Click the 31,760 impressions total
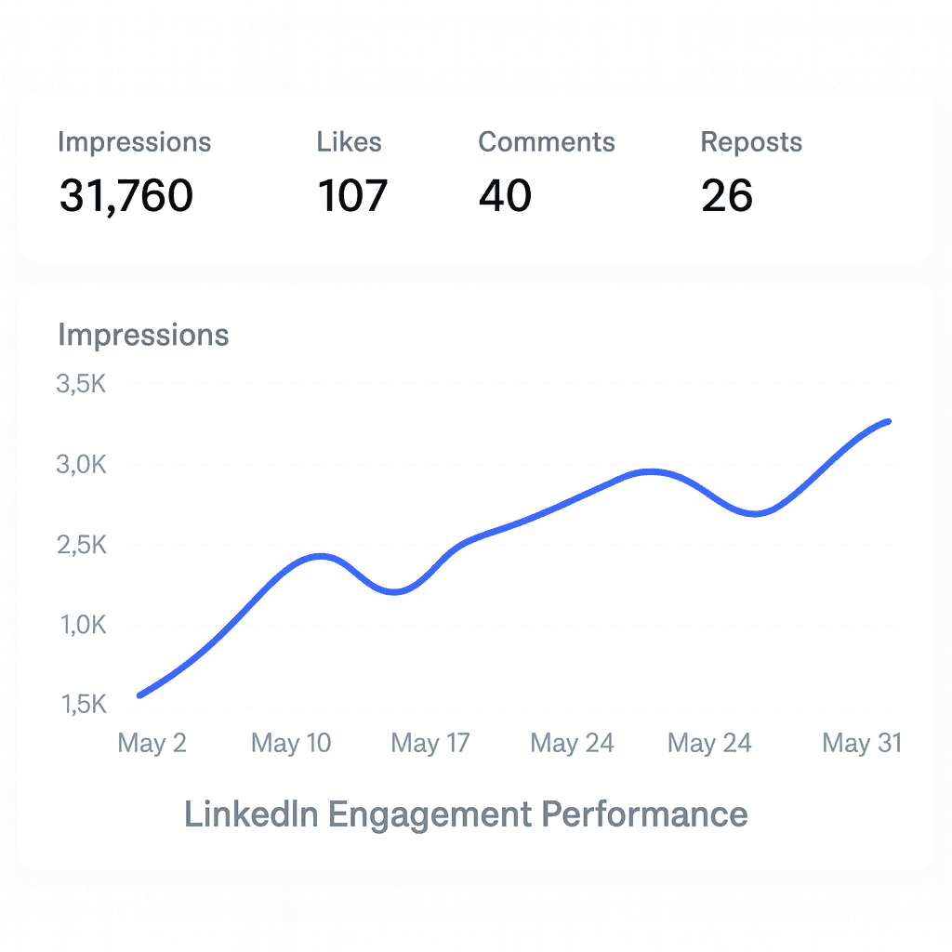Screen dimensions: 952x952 pyautogui.click(x=126, y=196)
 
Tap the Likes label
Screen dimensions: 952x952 pyautogui.click(x=349, y=142)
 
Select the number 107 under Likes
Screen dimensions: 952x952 pyautogui.click(x=352, y=196)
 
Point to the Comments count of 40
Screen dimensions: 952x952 pyautogui.click(x=505, y=196)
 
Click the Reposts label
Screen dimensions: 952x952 pyautogui.click(x=751, y=142)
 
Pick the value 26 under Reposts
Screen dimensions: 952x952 pyautogui.click(x=727, y=196)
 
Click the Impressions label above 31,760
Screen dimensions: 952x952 pyautogui.click(x=134, y=142)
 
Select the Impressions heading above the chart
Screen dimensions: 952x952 pyautogui.click(x=143, y=335)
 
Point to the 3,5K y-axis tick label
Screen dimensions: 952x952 pyautogui.click(x=82, y=383)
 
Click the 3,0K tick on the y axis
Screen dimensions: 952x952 pyautogui.click(x=82, y=464)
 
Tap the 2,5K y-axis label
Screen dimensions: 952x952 pyautogui.click(x=82, y=545)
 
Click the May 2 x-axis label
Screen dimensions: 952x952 pyautogui.click(x=152, y=744)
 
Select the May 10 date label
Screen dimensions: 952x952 pyautogui.click(x=291, y=744)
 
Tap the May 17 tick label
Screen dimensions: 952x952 pyautogui.click(x=430, y=744)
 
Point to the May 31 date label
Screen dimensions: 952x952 pyautogui.click(x=862, y=744)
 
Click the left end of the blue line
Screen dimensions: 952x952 pyautogui.click(x=139, y=694)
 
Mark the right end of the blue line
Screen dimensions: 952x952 pyautogui.click(x=889, y=421)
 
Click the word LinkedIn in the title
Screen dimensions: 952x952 pyautogui.click(x=251, y=814)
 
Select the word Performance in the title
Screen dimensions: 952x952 pyautogui.click(x=644, y=814)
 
